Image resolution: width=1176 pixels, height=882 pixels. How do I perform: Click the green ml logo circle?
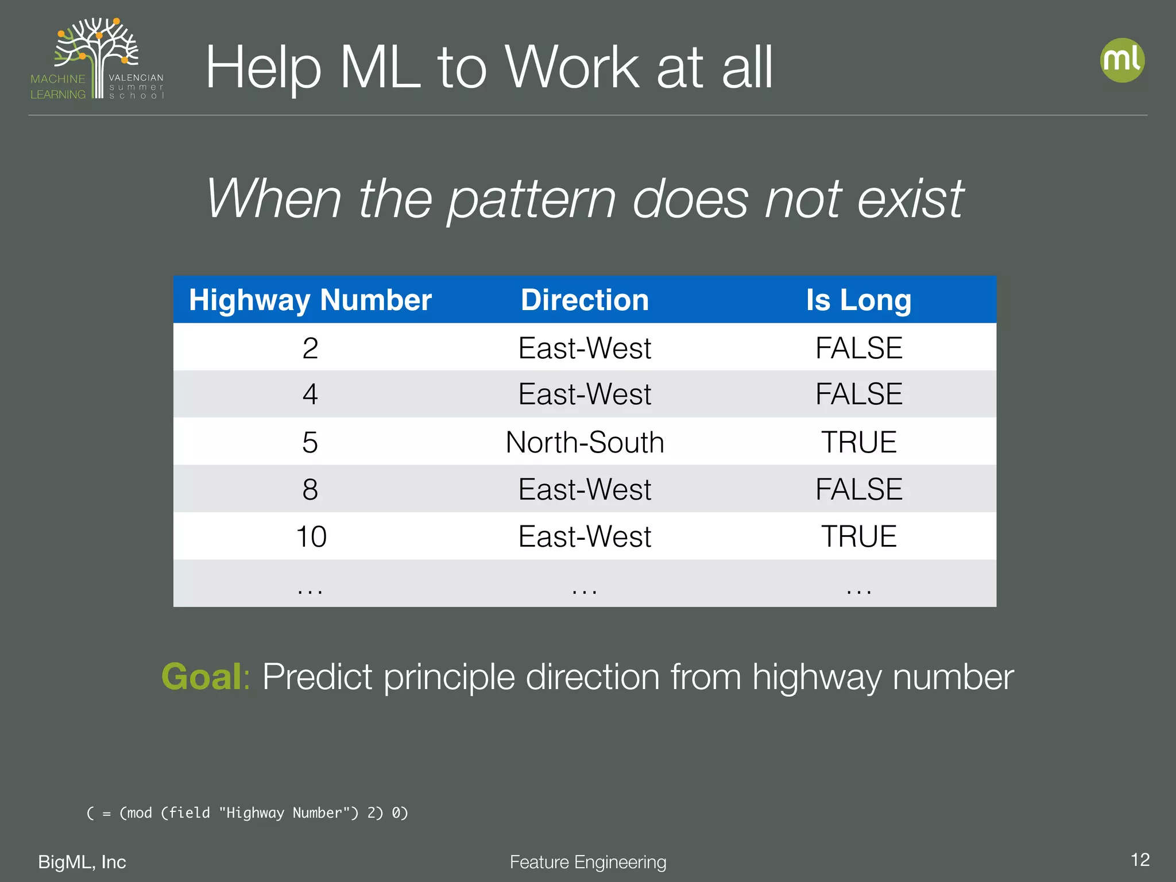pyautogui.click(x=1122, y=60)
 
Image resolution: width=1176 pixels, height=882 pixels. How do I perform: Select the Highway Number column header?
pyautogui.click(x=310, y=300)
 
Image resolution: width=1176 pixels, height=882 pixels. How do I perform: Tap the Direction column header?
pyautogui.click(x=585, y=300)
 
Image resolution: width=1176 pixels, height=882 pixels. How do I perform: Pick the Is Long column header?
pyautogui.click(x=858, y=300)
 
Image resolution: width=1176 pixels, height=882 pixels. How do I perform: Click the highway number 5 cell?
pyautogui.click(x=310, y=442)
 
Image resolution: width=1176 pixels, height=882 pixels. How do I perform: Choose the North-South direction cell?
pyautogui.click(x=585, y=442)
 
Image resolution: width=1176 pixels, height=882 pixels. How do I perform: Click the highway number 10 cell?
pyautogui.click(x=311, y=536)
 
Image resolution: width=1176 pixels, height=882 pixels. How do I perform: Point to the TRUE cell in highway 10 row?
pyautogui.click(x=858, y=536)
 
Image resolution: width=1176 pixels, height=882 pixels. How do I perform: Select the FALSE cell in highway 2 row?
pyautogui.click(x=858, y=348)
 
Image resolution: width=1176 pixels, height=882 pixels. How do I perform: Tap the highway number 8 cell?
pyautogui.click(x=310, y=489)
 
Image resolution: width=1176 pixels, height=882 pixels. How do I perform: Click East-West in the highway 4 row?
pyautogui.click(x=585, y=394)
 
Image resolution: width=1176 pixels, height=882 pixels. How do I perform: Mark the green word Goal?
pyautogui.click(x=202, y=676)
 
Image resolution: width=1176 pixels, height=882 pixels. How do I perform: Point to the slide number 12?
pyautogui.click(x=1140, y=860)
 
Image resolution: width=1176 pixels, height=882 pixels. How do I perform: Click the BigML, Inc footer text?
pyautogui.click(x=82, y=862)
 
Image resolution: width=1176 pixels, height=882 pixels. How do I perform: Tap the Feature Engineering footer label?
pyautogui.click(x=587, y=862)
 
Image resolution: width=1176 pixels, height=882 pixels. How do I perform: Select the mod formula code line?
pyautogui.click(x=247, y=813)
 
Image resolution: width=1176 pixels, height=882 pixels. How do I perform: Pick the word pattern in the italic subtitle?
pyautogui.click(x=532, y=200)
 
